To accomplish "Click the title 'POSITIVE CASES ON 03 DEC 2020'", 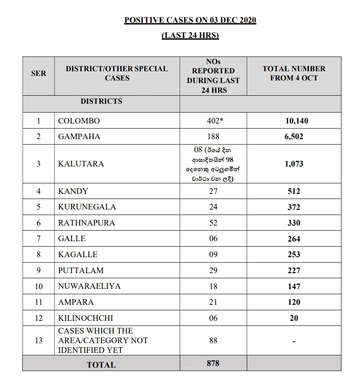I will click(190, 20).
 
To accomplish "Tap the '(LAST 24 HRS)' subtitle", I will click(190, 35).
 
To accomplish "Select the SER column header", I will click(38, 73).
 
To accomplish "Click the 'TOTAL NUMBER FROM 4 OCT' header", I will click(294, 73).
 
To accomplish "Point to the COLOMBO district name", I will click(79, 121).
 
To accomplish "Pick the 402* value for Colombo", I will click(213, 121).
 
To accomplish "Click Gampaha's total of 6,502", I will click(294, 137).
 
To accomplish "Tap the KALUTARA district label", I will click(81, 164).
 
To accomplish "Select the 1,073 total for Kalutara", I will click(294, 164).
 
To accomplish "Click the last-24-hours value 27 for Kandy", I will click(213, 191).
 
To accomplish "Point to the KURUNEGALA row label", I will click(87, 207).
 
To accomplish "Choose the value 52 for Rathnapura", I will click(213, 223).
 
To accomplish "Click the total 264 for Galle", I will click(294, 239).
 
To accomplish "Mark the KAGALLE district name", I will click(77, 254).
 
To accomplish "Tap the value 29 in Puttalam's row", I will click(213, 270).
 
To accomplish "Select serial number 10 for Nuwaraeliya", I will click(38, 286).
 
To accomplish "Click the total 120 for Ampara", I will click(294, 302).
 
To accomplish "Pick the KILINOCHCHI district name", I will click(85, 318).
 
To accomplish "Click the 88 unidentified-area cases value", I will click(213, 340).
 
